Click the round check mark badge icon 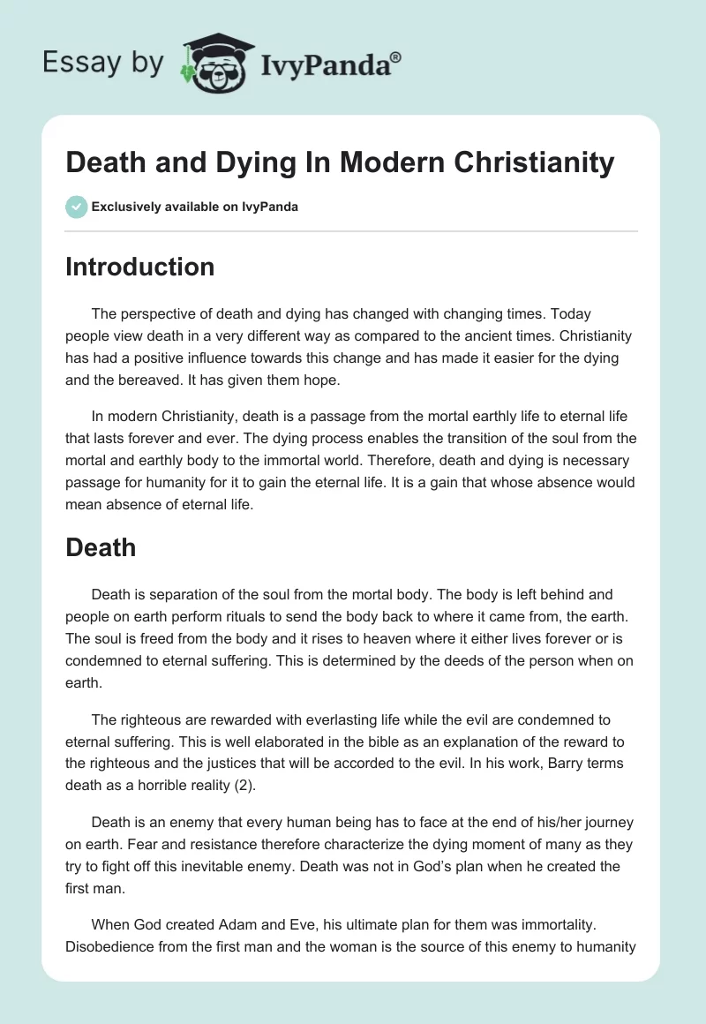click(76, 207)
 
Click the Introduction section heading click(139, 267)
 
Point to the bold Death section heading click(101, 547)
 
